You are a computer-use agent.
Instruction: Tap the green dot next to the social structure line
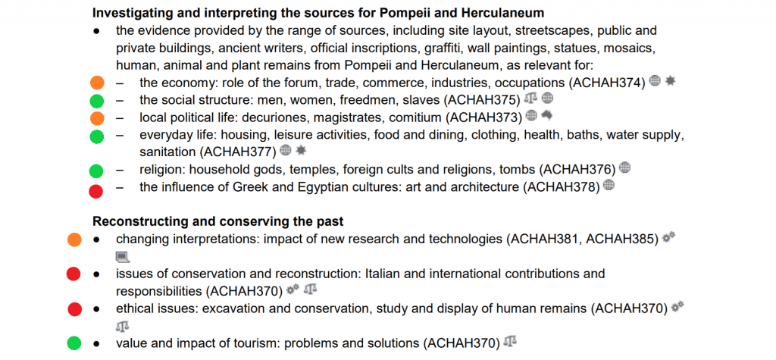point(96,100)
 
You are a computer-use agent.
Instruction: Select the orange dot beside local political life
point(96,117)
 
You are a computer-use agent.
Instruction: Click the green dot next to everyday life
point(96,136)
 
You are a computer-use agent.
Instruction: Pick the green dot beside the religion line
point(96,171)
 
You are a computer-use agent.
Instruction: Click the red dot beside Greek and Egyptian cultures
point(96,190)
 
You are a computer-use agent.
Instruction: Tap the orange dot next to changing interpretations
point(74,239)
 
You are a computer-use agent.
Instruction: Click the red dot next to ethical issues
point(74,308)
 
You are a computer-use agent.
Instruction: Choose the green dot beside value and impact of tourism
point(74,343)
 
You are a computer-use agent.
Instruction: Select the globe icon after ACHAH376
point(624,168)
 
